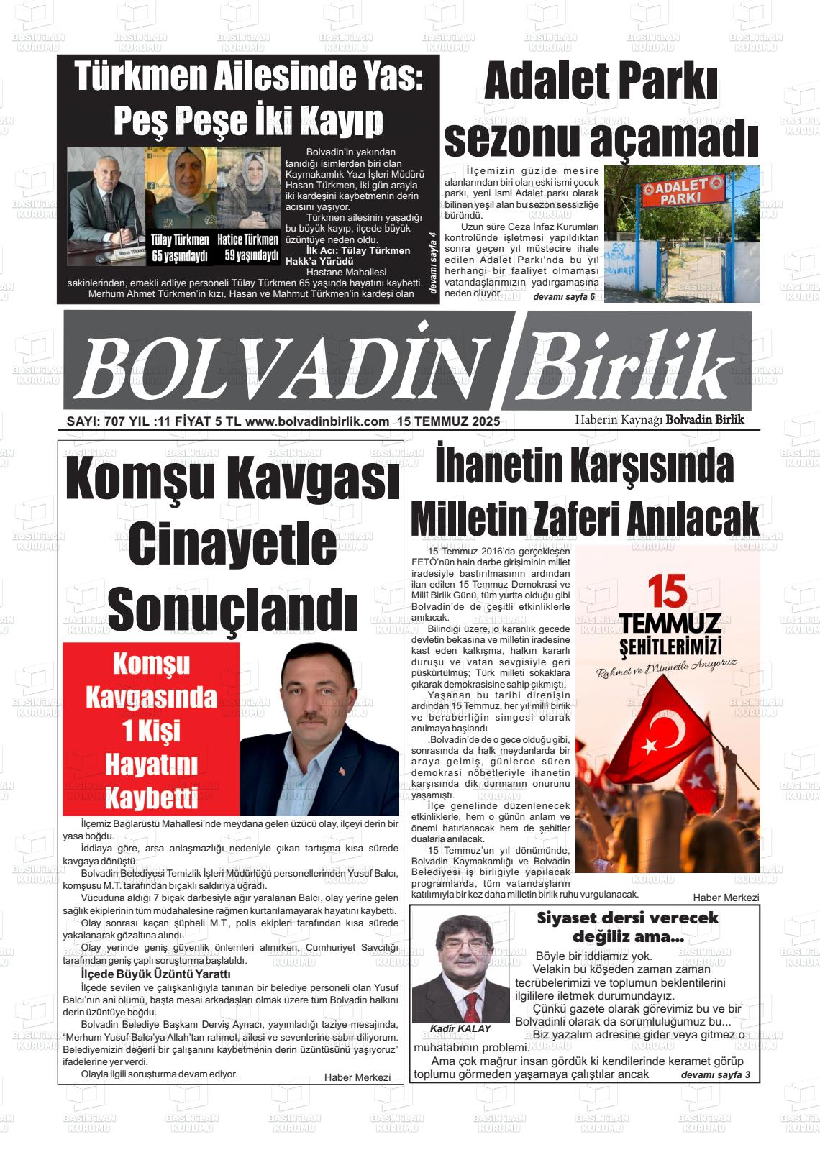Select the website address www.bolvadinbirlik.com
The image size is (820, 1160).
point(317,422)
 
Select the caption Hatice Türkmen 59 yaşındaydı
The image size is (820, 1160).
point(247,247)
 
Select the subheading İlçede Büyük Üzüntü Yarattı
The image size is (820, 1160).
point(155,974)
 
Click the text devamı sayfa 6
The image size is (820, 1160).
point(564,297)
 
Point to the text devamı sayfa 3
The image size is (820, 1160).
point(715,1074)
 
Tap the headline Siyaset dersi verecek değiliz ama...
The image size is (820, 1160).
point(627,927)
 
